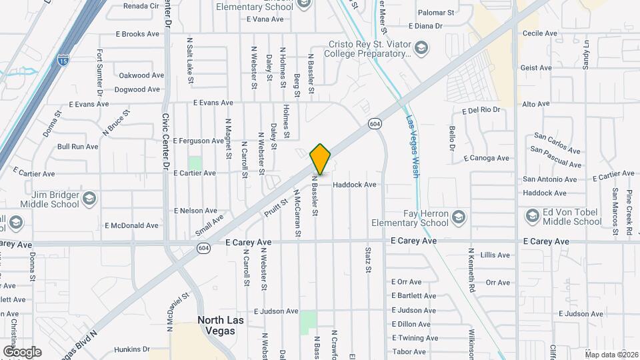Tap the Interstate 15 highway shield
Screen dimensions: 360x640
63,59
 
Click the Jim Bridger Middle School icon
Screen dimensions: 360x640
89,199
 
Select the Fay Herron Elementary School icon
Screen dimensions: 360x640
458,218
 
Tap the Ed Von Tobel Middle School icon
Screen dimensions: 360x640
532,216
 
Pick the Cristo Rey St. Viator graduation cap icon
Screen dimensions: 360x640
421,48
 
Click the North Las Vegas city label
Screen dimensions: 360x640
221,325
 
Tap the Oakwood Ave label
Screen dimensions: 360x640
141,75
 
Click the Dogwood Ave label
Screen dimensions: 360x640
139,89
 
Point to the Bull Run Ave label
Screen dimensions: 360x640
78,147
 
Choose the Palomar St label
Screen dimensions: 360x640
435,13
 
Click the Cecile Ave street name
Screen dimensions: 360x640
540,33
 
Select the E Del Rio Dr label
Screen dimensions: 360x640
481,109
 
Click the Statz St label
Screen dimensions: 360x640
367,260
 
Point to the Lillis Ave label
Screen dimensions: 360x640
495,255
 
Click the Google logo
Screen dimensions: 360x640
22,351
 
